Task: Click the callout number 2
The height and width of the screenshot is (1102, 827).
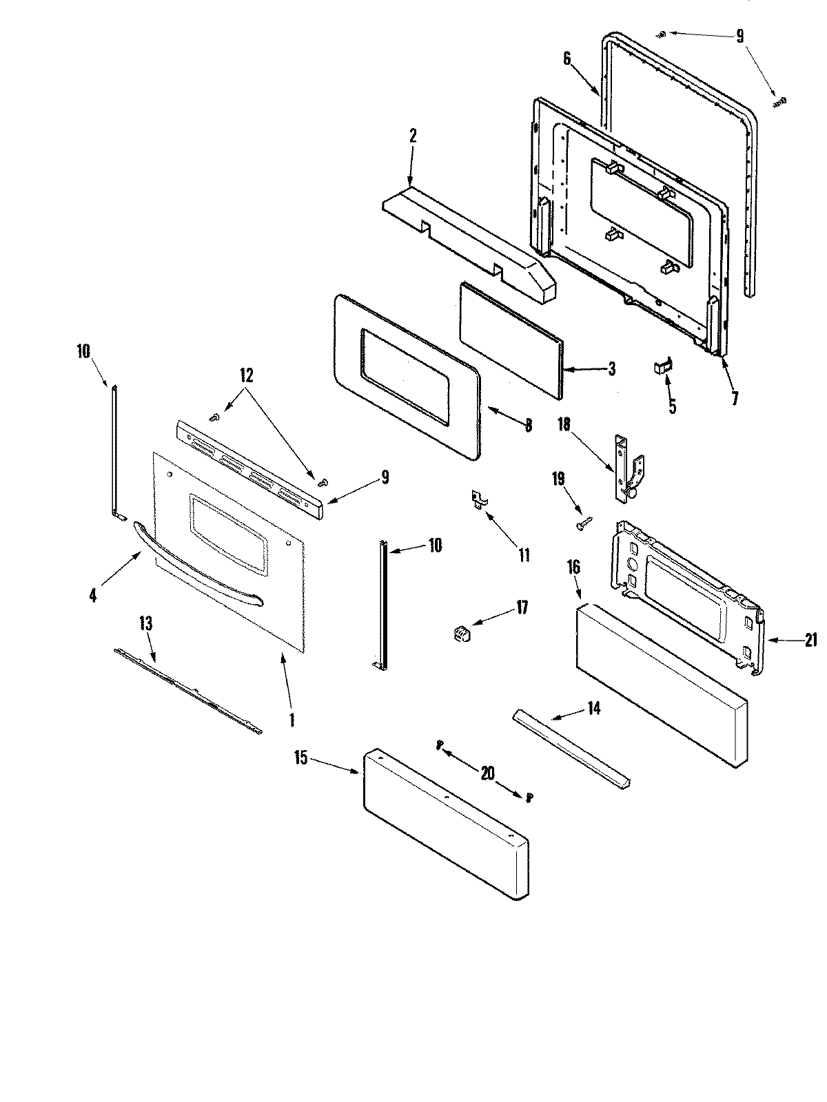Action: coord(413,135)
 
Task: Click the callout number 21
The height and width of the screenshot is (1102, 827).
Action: coord(810,641)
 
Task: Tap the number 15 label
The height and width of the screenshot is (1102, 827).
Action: coord(300,760)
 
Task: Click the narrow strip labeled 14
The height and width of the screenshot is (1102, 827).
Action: coord(571,748)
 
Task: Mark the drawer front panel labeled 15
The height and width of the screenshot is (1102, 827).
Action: coord(445,823)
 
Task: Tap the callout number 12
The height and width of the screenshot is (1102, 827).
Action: coord(246,375)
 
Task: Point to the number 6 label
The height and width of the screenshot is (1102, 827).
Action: coord(567,59)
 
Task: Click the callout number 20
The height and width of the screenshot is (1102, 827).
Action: coord(487,773)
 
